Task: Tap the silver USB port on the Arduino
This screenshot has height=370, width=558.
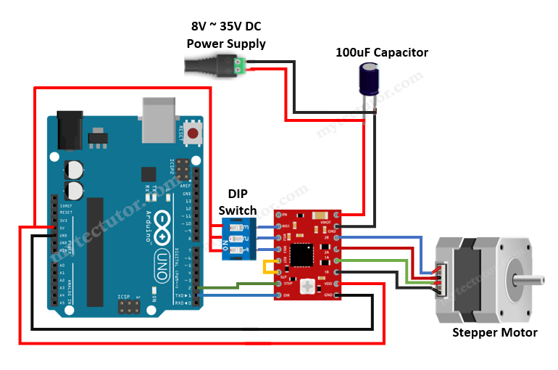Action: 159,125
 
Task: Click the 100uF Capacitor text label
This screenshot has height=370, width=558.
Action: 381,52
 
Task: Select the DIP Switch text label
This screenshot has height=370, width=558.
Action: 238,202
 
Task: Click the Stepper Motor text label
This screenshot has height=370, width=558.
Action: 494,332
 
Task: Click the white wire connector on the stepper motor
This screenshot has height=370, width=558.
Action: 440,279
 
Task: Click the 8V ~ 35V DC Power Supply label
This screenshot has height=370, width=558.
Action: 226,35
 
